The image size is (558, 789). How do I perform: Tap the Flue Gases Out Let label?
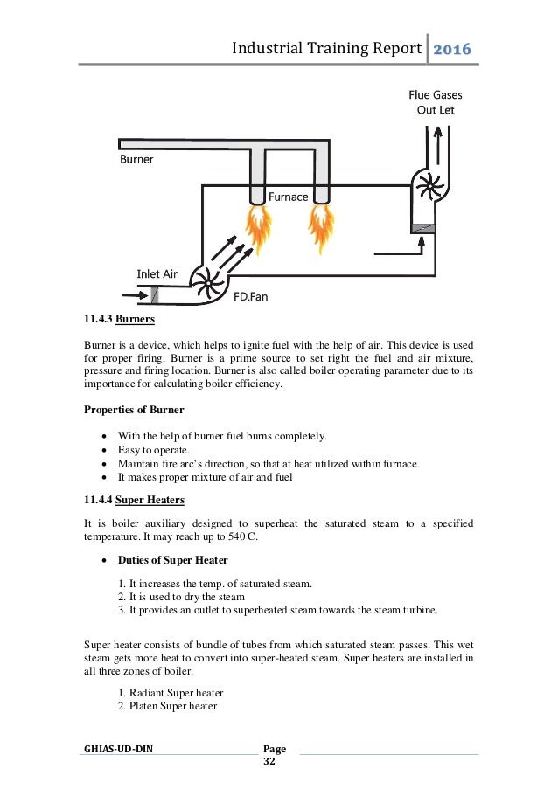pos(436,102)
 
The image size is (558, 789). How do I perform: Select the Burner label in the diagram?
pos(136,161)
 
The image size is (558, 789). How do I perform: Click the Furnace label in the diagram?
pos(288,197)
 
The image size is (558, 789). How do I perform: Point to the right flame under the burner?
pos(321,226)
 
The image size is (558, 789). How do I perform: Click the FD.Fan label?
pos(250,296)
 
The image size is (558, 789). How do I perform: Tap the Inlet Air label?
pos(157,273)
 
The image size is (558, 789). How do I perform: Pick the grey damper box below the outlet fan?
pos(422,227)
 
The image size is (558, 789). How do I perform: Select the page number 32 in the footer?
pos(269,763)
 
